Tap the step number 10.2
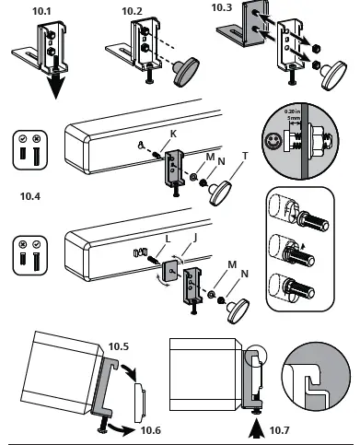133,11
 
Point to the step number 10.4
30,196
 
